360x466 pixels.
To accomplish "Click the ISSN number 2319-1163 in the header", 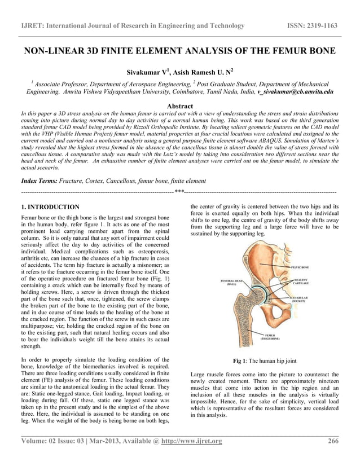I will [x=324, y=26].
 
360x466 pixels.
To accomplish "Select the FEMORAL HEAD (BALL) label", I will [x=232, y=282].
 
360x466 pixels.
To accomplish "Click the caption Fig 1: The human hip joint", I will [x=265, y=361].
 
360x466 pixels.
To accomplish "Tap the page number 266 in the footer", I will [x=333, y=441].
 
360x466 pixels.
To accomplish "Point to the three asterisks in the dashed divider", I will [x=179, y=193].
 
